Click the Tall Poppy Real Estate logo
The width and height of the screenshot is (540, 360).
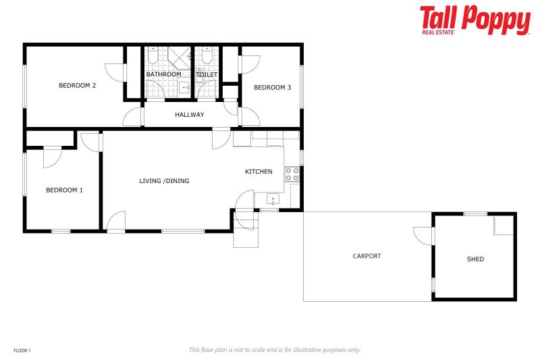475,20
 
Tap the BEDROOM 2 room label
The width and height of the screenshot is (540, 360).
77,86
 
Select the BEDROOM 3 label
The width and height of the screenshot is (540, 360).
272,88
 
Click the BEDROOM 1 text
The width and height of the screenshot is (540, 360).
64,190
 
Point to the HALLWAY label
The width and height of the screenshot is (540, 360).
189,115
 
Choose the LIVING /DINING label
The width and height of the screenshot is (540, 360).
164,181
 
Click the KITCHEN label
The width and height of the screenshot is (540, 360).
259,172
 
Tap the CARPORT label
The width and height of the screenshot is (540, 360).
367,256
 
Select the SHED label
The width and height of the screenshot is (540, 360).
475,259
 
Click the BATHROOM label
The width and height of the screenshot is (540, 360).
163,74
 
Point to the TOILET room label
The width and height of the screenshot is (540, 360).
207,74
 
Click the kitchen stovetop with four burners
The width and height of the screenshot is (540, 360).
292,174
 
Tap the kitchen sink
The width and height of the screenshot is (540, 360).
273,199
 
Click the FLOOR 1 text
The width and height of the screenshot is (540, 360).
22,351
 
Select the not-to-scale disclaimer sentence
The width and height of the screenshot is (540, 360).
274,350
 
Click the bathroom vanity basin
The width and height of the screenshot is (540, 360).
184,86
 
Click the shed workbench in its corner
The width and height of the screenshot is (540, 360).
504,226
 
